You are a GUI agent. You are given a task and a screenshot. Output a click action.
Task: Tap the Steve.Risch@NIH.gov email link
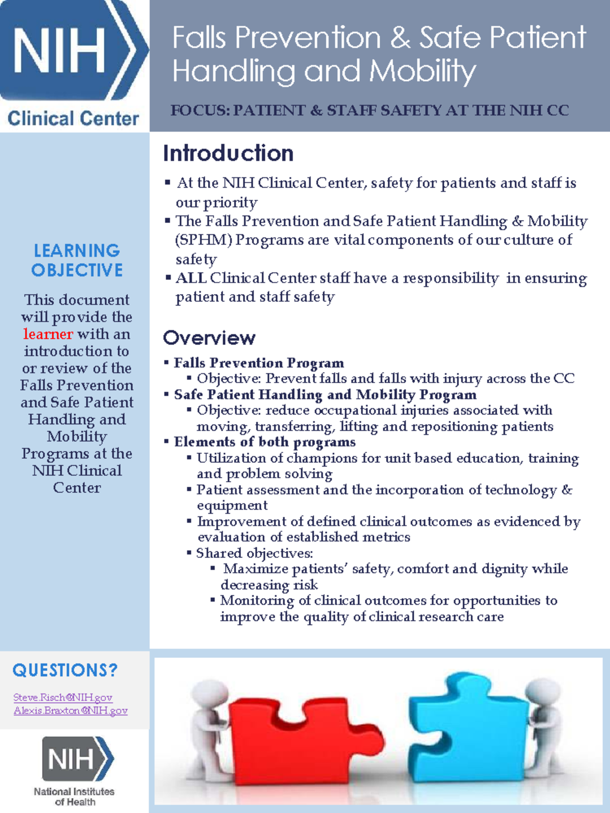[63, 698]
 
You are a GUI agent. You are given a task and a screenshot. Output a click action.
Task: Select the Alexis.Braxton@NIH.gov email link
[70, 710]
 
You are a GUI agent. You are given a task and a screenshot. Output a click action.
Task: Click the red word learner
[48, 334]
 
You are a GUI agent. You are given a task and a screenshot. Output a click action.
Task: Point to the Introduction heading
[228, 153]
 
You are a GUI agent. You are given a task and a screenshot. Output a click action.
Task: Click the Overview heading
[209, 338]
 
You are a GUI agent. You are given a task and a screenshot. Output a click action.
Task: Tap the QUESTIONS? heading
[65, 670]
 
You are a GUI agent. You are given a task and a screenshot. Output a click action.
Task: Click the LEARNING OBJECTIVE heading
[77, 260]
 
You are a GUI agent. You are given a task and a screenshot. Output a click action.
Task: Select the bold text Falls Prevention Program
[259, 363]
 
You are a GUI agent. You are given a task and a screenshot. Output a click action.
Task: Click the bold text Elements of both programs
[264, 442]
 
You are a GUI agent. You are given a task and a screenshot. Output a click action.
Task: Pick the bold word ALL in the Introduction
[191, 278]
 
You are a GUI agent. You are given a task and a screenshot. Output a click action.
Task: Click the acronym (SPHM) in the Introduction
[203, 240]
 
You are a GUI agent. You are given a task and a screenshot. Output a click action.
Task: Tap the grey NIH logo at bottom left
[76, 759]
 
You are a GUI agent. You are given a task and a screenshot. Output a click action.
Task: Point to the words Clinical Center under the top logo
[73, 119]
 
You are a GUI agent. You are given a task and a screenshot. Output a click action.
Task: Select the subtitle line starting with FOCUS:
[370, 110]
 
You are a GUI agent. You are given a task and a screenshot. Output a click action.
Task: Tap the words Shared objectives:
[255, 553]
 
